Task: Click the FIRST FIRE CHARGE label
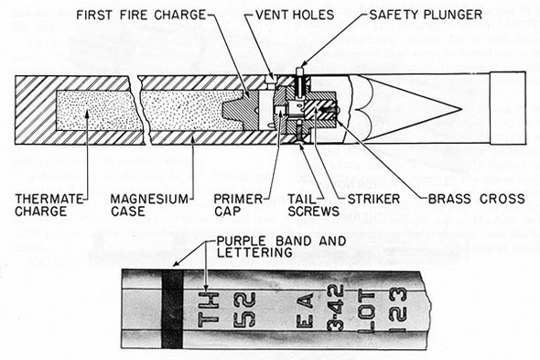141,15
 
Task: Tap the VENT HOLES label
295,15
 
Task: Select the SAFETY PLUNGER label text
426,15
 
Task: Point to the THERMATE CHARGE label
49,205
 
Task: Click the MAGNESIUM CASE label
149,205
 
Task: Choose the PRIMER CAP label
238,205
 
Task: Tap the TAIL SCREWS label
313,205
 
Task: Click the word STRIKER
374,199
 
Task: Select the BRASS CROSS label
477,199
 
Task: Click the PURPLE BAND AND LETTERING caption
281,246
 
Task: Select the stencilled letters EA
305,310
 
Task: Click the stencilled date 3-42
335,308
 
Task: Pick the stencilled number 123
398,310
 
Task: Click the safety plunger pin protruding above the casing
299,71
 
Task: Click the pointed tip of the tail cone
460,110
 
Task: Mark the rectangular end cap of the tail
508,108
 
